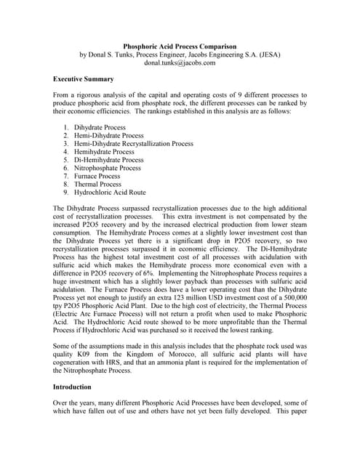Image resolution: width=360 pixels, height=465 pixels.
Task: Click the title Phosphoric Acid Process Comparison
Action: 180,46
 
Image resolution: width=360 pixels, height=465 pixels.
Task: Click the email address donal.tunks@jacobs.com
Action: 180,63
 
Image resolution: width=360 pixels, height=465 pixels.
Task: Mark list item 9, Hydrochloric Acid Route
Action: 109,193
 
